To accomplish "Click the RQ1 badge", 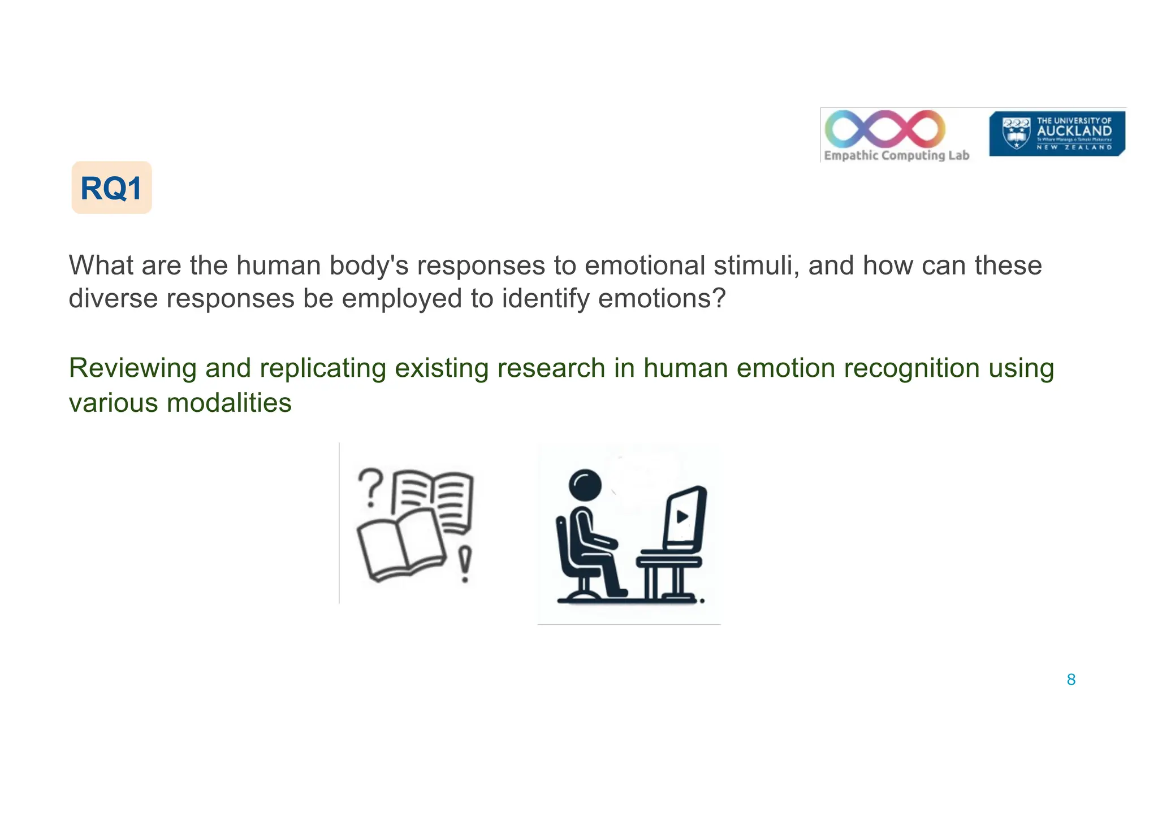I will point(111,188).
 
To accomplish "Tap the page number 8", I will point(1071,680).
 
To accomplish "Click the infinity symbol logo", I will point(885,129).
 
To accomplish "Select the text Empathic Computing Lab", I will point(896,155).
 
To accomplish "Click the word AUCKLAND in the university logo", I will point(1074,131).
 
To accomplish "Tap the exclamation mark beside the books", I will point(465,564).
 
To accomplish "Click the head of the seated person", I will point(585,485).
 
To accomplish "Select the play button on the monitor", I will point(682,516).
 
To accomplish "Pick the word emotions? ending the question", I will point(662,298).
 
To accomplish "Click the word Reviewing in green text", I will point(132,368).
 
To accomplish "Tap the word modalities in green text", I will point(229,403).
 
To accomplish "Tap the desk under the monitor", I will point(669,562).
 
